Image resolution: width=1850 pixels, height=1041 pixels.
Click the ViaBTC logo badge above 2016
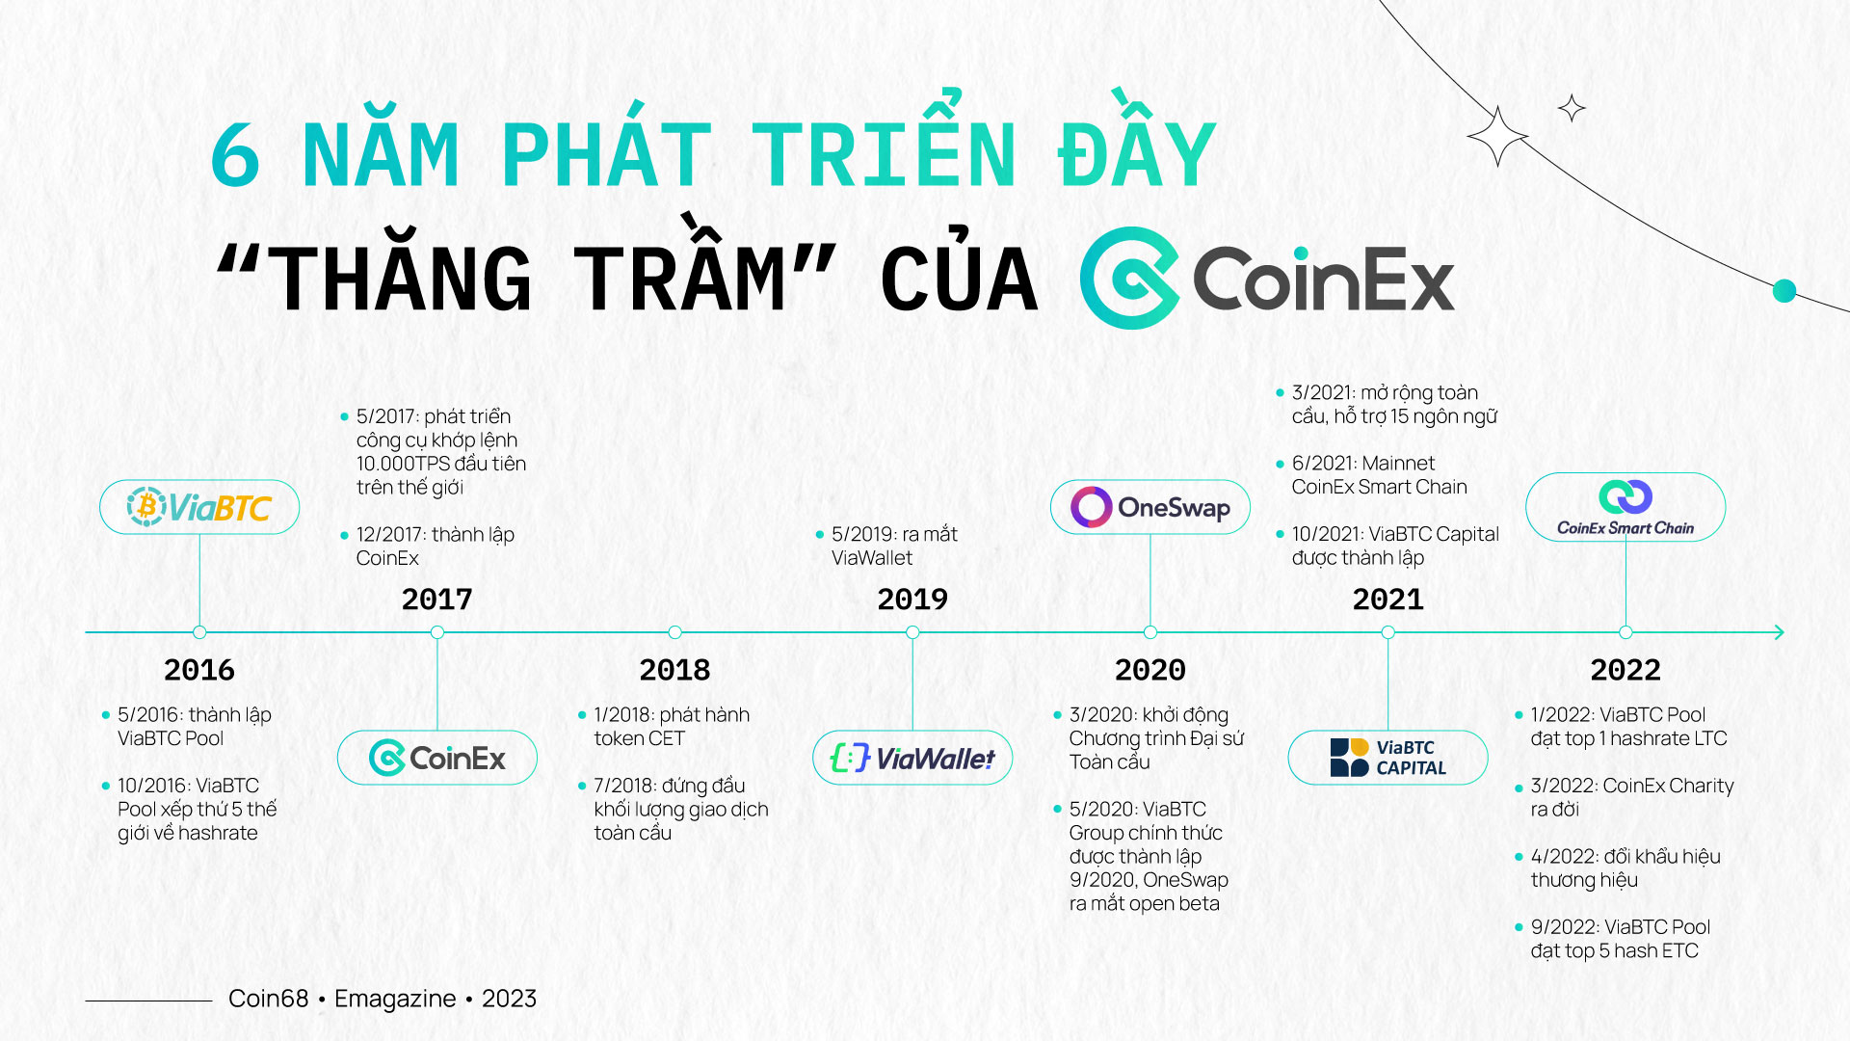[x=199, y=507]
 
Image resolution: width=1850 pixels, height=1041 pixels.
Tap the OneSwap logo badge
[x=1150, y=507]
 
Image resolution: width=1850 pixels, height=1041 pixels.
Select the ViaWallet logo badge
[x=912, y=758]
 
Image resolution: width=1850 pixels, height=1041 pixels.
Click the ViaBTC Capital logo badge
[x=1387, y=758]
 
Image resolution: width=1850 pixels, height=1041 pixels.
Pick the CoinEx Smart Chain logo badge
[x=1625, y=507]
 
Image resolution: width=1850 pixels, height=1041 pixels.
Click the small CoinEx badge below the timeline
[x=437, y=758]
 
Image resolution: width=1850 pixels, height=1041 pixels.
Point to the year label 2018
[x=674, y=670]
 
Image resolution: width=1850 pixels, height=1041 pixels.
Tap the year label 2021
[x=1387, y=600]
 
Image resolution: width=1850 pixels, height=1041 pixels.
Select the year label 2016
[x=199, y=670]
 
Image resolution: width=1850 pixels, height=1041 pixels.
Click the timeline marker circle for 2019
[x=912, y=632]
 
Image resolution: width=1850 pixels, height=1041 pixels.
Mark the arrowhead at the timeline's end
[x=1779, y=632]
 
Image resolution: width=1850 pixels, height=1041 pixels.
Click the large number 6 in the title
[x=235, y=154]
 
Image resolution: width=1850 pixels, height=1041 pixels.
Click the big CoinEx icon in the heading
[x=1129, y=278]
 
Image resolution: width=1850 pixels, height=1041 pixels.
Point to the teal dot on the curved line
[x=1784, y=290]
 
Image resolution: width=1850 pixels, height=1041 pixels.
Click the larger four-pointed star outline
[x=1497, y=137]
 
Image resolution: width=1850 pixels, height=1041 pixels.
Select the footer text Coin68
[x=268, y=999]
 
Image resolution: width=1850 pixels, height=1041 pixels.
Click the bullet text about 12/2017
[x=436, y=546]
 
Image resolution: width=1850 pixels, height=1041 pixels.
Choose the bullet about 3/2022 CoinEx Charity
[x=1632, y=797]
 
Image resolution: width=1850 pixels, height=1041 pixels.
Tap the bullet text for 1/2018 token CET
[x=672, y=727]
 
